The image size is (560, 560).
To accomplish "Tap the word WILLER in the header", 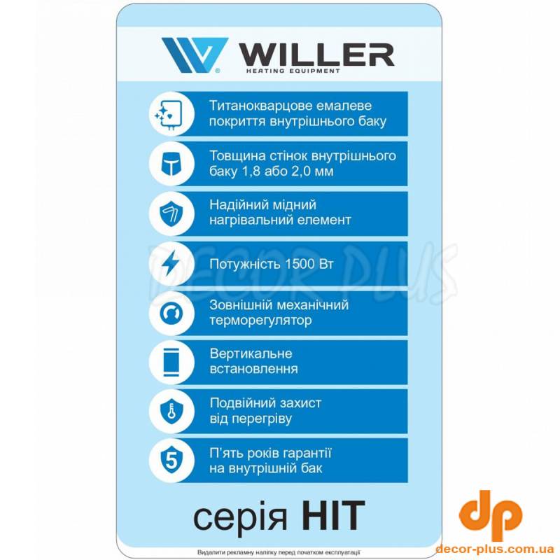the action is pyautogui.click(x=316, y=55).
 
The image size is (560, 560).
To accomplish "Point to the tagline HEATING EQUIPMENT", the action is pyautogui.click(x=293, y=71).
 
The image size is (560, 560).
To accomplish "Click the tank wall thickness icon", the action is pyautogui.click(x=171, y=164).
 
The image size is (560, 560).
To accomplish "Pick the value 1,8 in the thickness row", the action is pyautogui.click(x=253, y=171).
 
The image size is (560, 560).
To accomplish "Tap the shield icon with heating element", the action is pyautogui.click(x=171, y=213).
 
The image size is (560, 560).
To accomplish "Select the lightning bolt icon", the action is pyautogui.click(x=170, y=263).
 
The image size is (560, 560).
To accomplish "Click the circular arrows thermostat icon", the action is pyautogui.click(x=171, y=313).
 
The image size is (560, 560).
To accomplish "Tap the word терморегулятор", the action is pyautogui.click(x=260, y=321).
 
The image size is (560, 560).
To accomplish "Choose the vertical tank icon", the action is pyautogui.click(x=171, y=362).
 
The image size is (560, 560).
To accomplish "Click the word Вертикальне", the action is pyautogui.click(x=251, y=353).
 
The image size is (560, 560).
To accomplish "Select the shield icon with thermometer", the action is pyautogui.click(x=171, y=412).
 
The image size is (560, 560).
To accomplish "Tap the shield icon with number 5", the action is pyautogui.click(x=171, y=461).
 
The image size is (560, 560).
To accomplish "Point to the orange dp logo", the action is pyautogui.click(x=490, y=515).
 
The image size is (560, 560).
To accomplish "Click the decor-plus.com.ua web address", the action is pyautogui.click(x=494, y=548).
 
